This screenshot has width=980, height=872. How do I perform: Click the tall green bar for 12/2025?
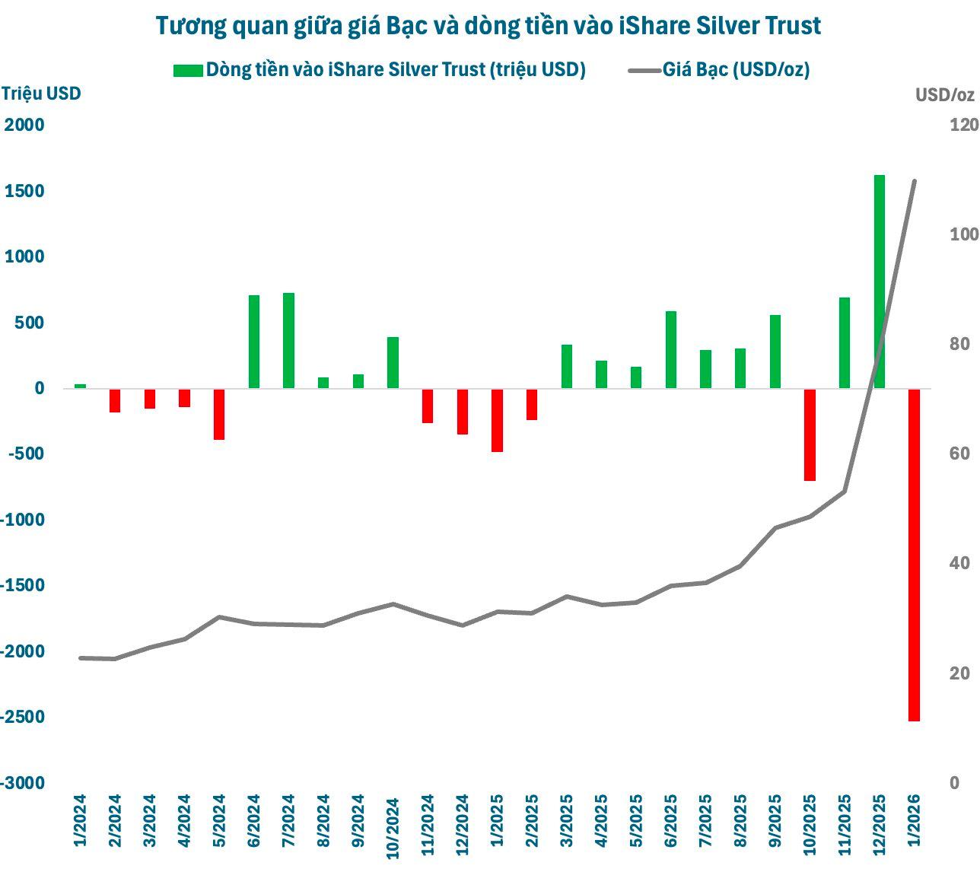(879, 282)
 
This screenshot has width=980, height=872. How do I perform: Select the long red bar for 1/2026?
(914, 555)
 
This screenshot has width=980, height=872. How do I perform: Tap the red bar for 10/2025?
(810, 434)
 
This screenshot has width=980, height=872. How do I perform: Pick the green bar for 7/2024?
(288, 340)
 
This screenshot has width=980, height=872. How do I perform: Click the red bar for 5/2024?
(219, 414)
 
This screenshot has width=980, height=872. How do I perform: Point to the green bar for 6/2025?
(670, 349)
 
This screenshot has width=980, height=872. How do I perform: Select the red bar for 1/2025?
(497, 420)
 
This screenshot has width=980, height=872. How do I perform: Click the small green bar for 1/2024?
(80, 386)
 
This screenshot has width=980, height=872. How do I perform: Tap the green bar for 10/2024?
(393, 362)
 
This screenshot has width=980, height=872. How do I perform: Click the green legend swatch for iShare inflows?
(188, 70)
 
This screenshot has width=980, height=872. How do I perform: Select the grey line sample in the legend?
(644, 70)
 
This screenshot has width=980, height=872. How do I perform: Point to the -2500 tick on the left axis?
(24, 717)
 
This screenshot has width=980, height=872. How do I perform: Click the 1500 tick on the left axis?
(24, 191)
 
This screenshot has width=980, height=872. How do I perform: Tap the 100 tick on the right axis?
(963, 234)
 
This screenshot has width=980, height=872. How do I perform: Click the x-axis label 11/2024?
(428, 826)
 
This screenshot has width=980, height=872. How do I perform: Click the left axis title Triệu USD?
(41, 94)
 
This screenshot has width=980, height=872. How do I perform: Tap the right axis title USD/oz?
(944, 95)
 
